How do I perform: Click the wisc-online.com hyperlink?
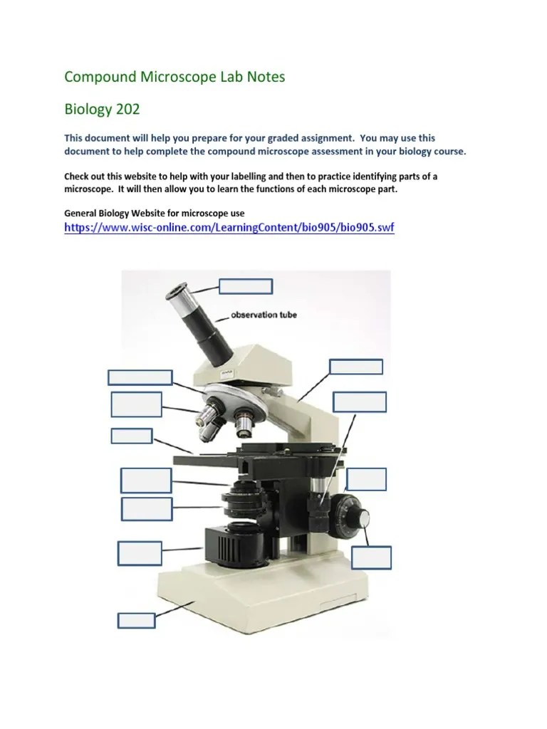pyautogui.click(x=229, y=228)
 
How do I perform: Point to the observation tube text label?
pyautogui.click(x=263, y=315)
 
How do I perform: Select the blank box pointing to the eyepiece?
pyautogui.click(x=245, y=286)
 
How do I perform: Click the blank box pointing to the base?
pyautogui.click(x=136, y=619)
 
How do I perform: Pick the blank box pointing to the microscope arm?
pyautogui.click(x=356, y=367)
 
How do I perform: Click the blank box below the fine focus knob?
pyautogui.click(x=371, y=557)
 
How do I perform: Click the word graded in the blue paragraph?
pyautogui.click(x=333, y=137)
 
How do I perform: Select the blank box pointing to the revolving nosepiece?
pyautogui.click(x=140, y=377)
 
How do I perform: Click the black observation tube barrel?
pyautogui.click(x=209, y=332)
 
